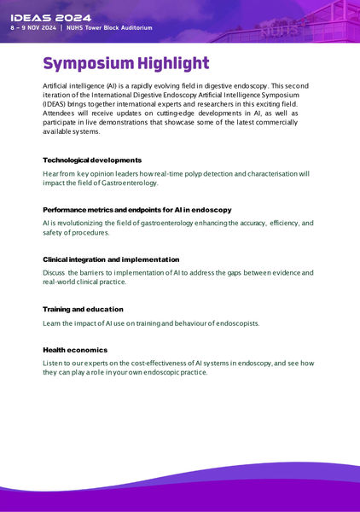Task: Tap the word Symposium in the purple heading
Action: tap(88, 64)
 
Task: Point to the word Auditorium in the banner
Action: tap(155, 28)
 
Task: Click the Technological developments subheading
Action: tap(92, 160)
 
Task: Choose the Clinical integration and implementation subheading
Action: tap(111, 259)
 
